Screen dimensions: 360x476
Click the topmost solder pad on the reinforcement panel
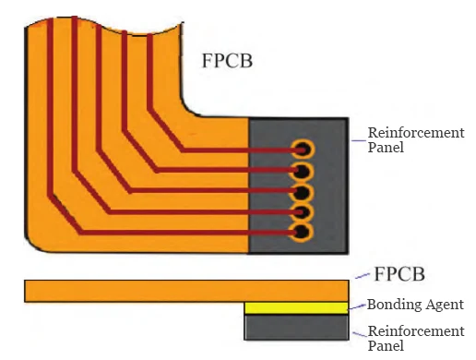point(303,149)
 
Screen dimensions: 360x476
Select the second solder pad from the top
point(303,171)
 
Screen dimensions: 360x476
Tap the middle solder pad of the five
point(303,192)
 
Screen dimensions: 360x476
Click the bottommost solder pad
point(303,232)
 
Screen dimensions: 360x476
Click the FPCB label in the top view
point(227,62)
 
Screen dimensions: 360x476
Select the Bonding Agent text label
point(415,304)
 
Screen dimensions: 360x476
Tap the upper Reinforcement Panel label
point(415,140)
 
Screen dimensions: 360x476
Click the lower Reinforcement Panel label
point(415,338)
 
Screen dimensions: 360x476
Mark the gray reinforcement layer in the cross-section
point(296,327)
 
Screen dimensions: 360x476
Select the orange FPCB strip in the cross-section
point(184,291)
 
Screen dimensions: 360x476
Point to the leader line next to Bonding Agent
point(357,306)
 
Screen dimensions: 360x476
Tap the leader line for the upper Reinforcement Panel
point(356,140)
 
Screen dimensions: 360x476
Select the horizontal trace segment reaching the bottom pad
point(184,232)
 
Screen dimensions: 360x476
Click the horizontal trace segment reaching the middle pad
point(212,191)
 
